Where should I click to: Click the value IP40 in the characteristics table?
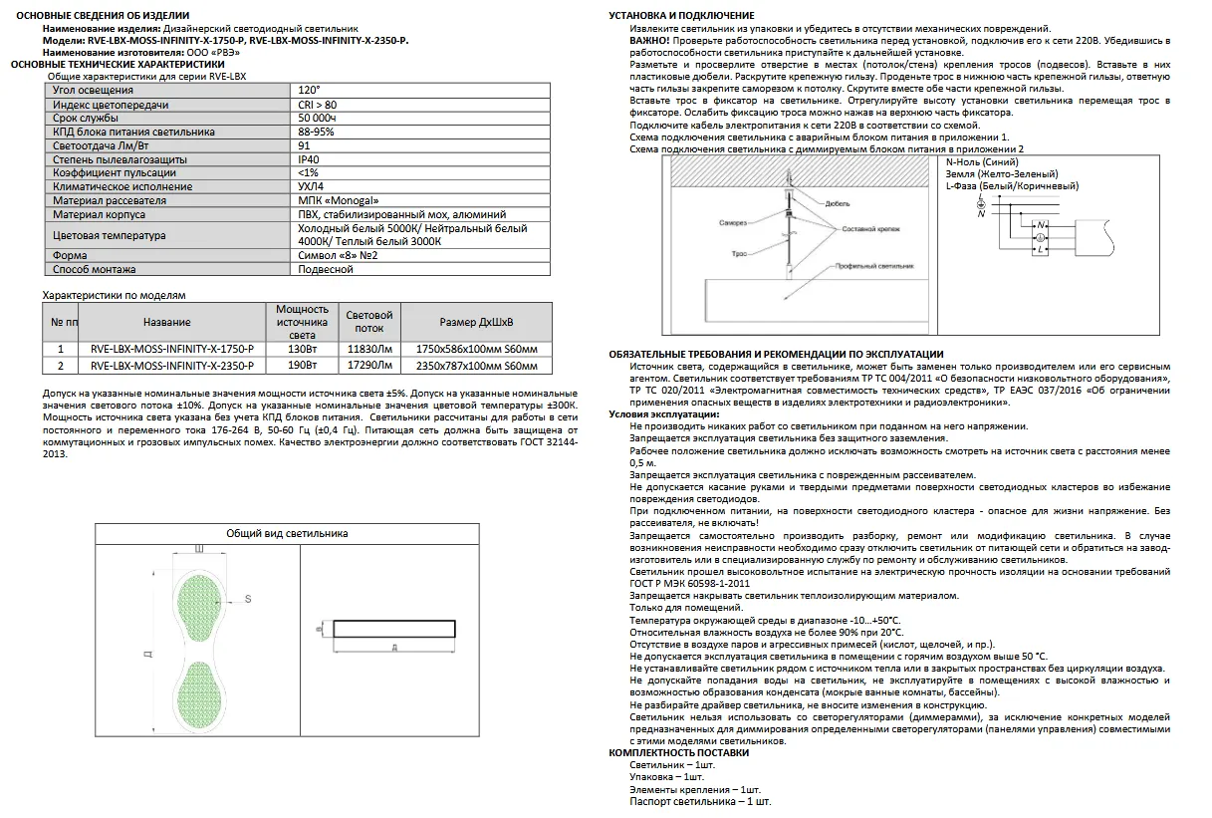pos(309,158)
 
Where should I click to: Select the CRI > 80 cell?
pos(318,104)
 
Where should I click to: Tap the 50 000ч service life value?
pos(320,118)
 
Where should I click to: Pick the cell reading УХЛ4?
pos(312,186)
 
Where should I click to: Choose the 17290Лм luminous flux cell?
pos(369,365)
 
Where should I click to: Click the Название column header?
pos(166,322)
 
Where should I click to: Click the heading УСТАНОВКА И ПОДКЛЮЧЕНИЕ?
pos(681,15)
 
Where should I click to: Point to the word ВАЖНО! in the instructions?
pos(648,41)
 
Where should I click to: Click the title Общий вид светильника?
pos(287,533)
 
